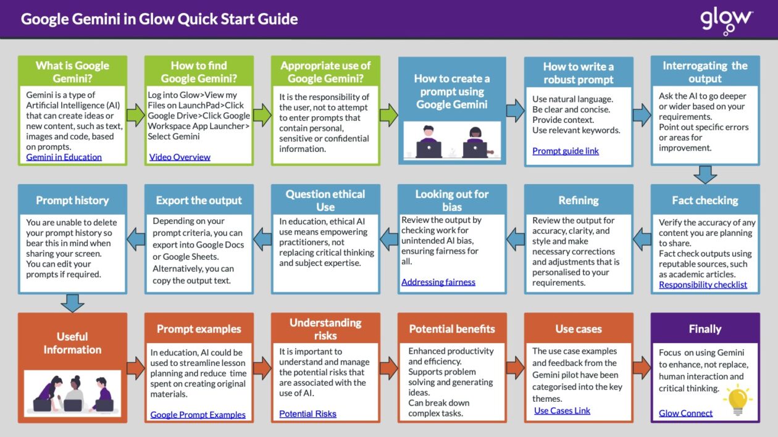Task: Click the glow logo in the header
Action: pos(726,20)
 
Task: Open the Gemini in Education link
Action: pos(64,157)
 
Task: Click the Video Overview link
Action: pos(180,157)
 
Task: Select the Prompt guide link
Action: pos(566,151)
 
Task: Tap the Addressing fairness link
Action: pos(438,282)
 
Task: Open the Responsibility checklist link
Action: pos(703,285)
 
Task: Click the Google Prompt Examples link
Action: pos(198,415)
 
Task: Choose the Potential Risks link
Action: pos(307,414)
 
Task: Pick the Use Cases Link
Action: pos(562,410)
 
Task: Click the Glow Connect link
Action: pos(685,413)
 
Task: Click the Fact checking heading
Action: pos(705,201)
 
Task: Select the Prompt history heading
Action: pos(72,201)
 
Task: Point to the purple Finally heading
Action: pos(705,329)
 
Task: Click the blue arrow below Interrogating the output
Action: pos(705,174)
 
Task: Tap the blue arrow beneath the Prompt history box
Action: pos(72,302)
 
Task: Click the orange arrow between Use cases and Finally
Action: pos(642,368)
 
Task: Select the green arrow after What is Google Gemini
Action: pos(135,115)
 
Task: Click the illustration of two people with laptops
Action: pos(452,141)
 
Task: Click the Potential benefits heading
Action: pos(451,329)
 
